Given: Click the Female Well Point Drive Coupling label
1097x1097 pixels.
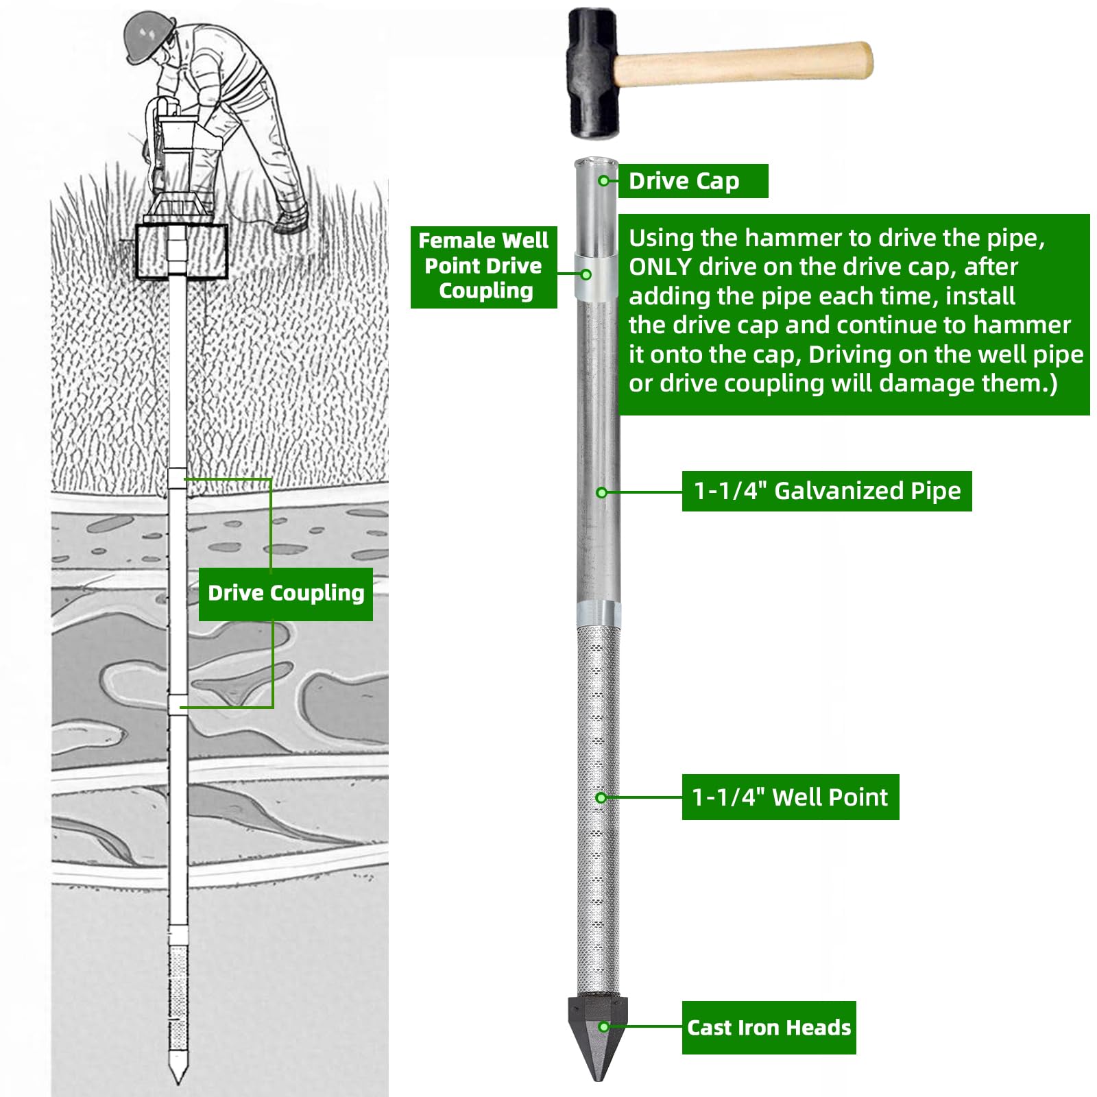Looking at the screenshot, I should (483, 266).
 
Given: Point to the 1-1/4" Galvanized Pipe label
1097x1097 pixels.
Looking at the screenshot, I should (827, 491).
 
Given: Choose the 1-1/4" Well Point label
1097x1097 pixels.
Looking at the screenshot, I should (790, 797).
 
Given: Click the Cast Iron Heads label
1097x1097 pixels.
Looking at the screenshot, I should (769, 1027).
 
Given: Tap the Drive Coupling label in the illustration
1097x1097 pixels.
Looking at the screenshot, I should (285, 594).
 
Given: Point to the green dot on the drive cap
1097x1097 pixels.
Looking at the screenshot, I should (603, 181).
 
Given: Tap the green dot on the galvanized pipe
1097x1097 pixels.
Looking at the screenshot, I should (601, 492).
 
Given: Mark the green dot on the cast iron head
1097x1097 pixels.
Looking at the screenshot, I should (603, 1026).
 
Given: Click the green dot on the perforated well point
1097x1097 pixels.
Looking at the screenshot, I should (601, 797).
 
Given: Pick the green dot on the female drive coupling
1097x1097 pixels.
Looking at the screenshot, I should (586, 274).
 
